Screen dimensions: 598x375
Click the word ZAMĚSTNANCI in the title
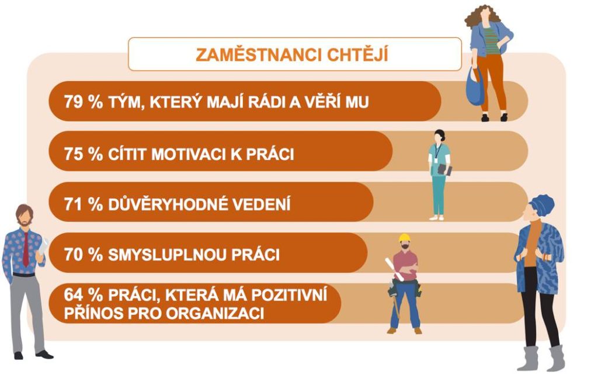pyautogui.click(x=253, y=54)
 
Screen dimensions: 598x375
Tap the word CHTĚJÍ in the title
pyautogui.click(x=352, y=54)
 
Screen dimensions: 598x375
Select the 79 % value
pyautogui.click(x=84, y=102)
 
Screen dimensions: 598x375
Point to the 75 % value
pyautogui.click(x=84, y=154)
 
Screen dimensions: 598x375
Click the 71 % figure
pyautogui.click(x=84, y=204)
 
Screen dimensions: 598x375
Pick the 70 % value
pyautogui.click(x=84, y=255)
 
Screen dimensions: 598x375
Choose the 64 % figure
pyautogui.click(x=84, y=295)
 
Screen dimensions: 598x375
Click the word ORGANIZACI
pyautogui.click(x=215, y=313)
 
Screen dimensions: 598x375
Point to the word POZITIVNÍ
pyautogui.click(x=290, y=295)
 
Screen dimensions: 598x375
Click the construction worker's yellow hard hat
pyautogui.click(x=404, y=238)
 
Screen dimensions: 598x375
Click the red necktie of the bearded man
pyautogui.click(x=26, y=249)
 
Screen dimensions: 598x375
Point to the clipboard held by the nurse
pyautogui.click(x=444, y=169)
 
